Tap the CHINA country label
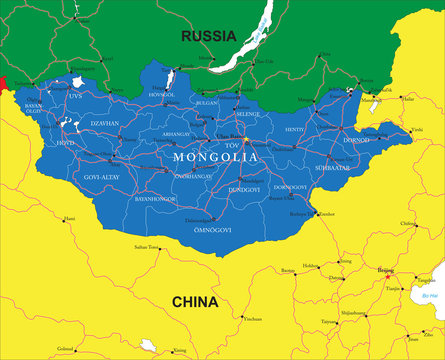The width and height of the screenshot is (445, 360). coord(196,301)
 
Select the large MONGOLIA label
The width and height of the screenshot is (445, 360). coord(215,157)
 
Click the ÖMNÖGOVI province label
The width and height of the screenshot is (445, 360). coord(212,229)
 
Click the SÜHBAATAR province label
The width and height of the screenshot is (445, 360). coord(331,169)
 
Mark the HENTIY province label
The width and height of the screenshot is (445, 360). coord(295,130)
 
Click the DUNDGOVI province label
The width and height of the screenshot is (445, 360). coord(244,188)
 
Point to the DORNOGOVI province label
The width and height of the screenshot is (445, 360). coord(290,187)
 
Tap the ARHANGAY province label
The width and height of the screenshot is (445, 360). coord(175,133)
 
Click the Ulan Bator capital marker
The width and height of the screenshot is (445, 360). coord(245,141)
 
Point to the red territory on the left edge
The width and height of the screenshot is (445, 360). coord(3,83)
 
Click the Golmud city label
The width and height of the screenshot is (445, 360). coord(66,348)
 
